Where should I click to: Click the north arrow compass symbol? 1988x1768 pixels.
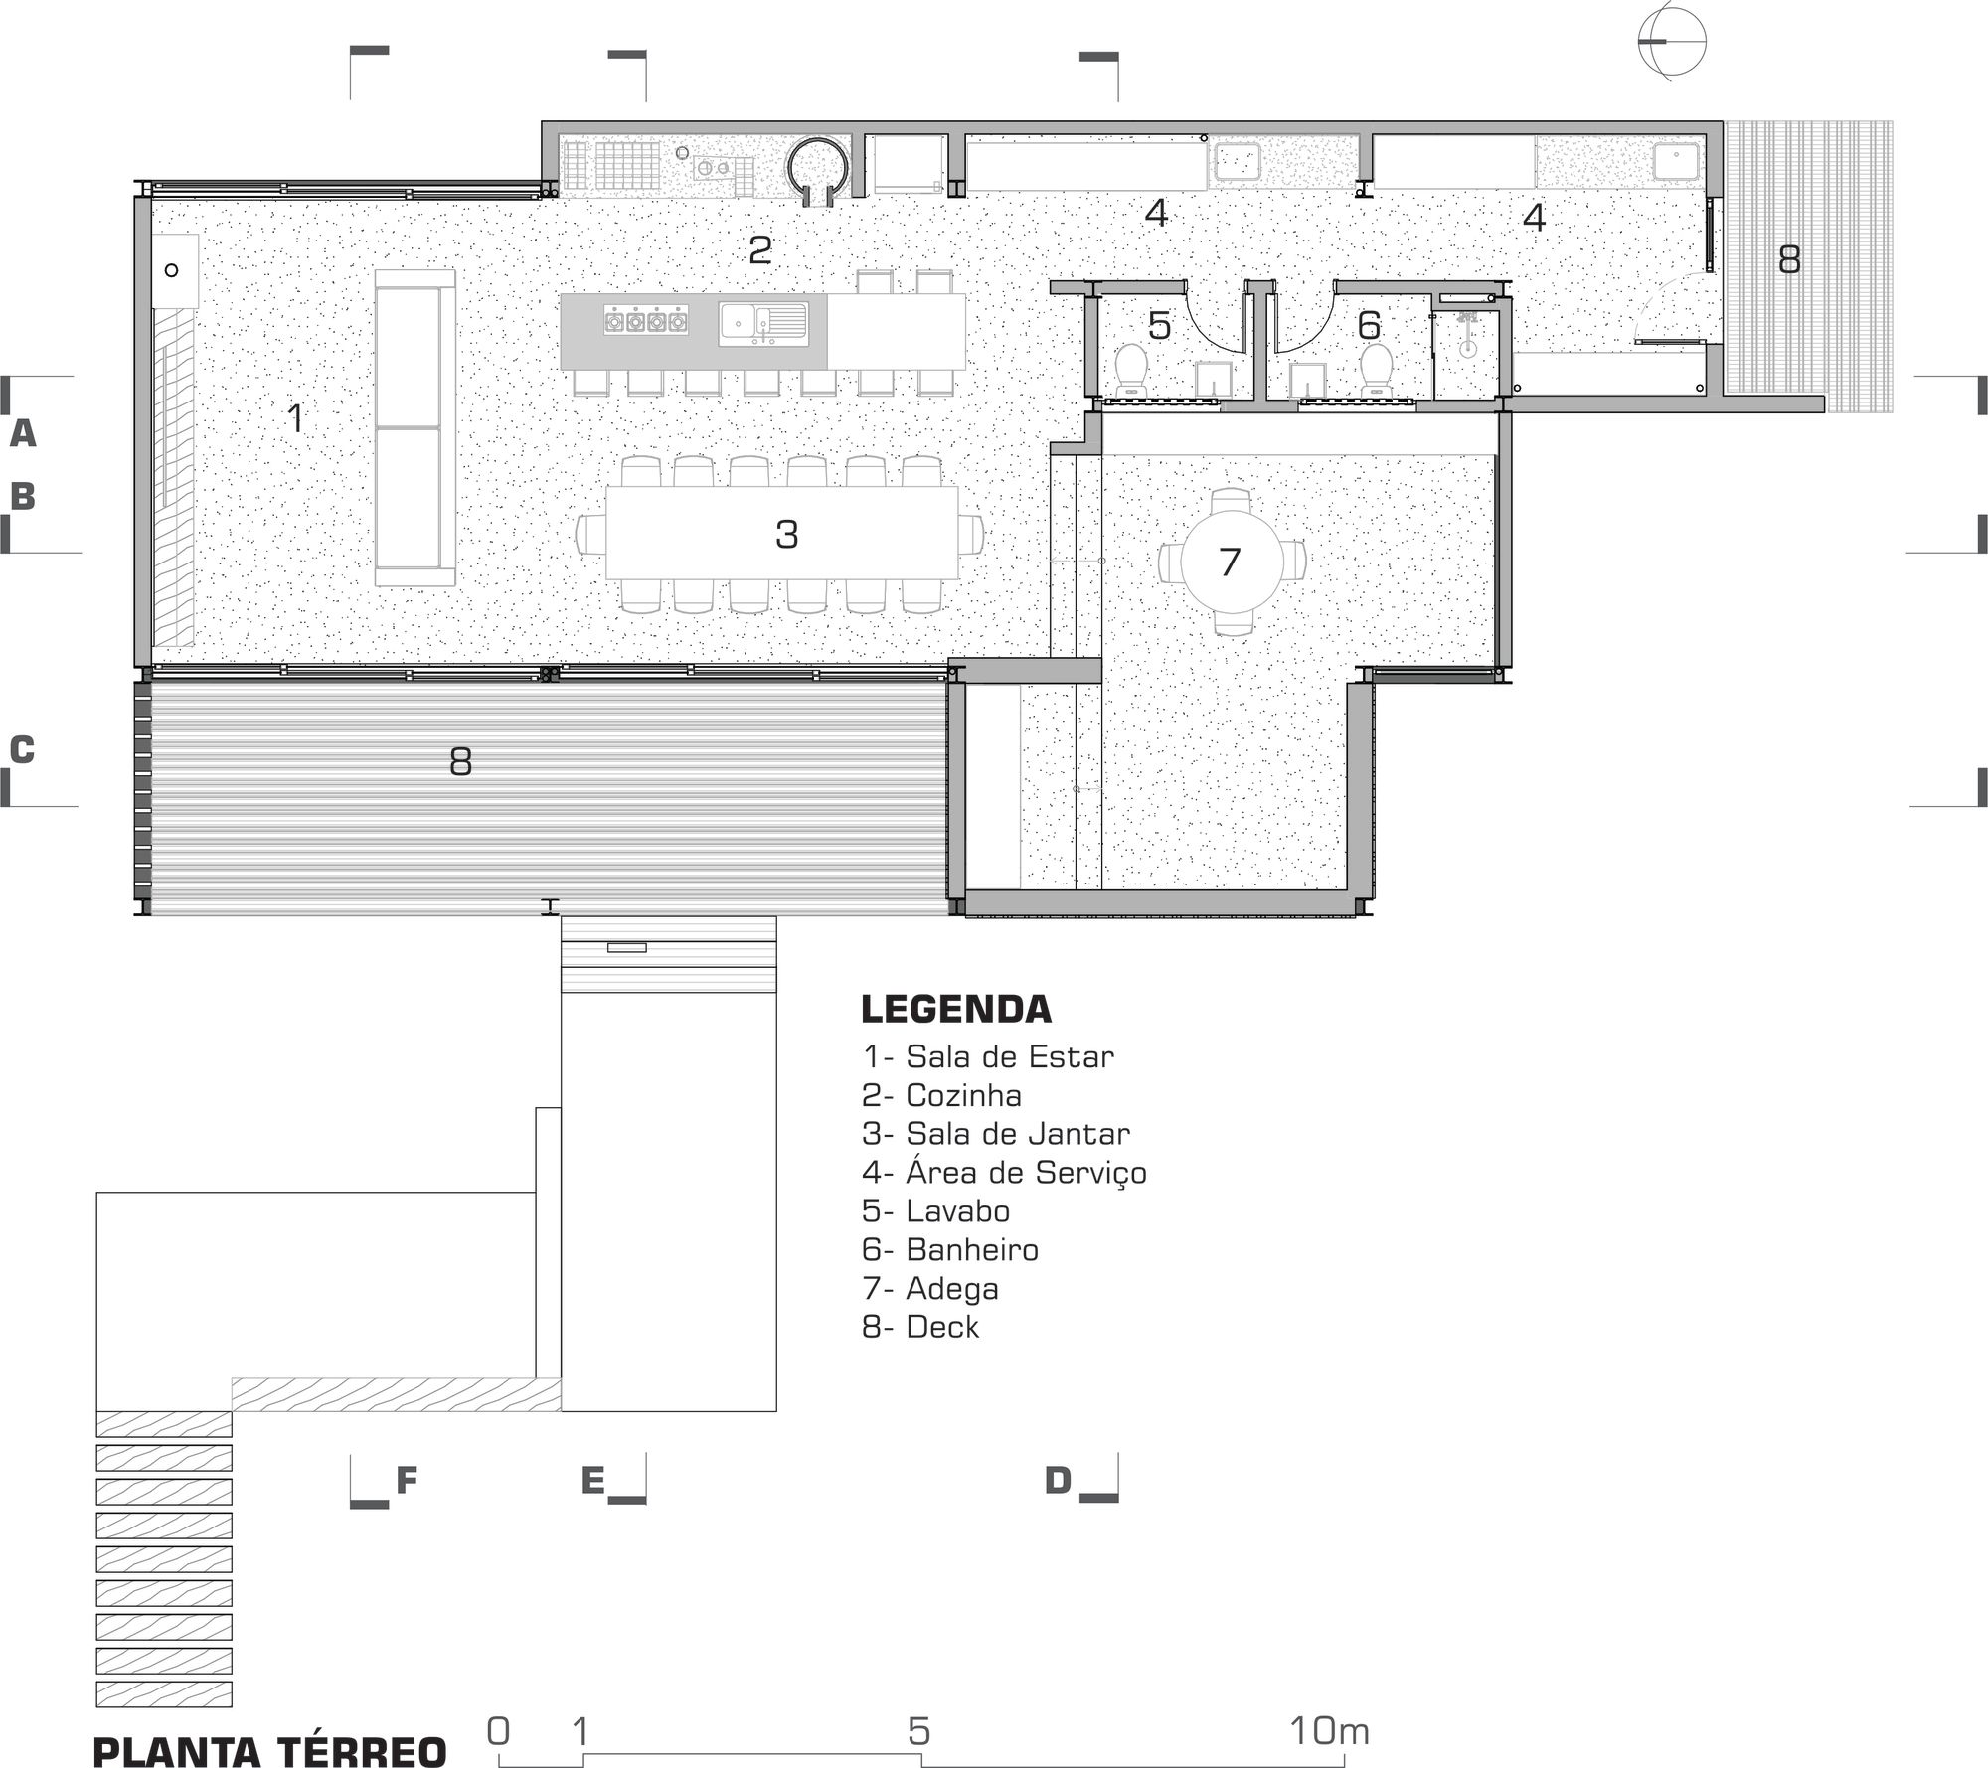1672,42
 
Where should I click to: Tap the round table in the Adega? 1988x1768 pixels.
1231,563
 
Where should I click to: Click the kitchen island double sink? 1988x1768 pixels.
762,323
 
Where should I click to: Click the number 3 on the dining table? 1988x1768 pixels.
786,535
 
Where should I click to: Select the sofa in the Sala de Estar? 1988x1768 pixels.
414,428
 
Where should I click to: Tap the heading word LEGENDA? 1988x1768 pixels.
955,1009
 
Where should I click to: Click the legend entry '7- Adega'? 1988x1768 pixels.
930,1288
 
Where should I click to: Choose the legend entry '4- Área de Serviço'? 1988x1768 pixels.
1004,1173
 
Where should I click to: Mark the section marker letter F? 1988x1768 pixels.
406,1481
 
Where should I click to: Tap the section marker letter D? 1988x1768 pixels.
1058,1481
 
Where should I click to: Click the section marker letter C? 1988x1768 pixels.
22,750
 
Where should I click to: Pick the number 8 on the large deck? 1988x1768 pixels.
460,762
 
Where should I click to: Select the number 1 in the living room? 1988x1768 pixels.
295,418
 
